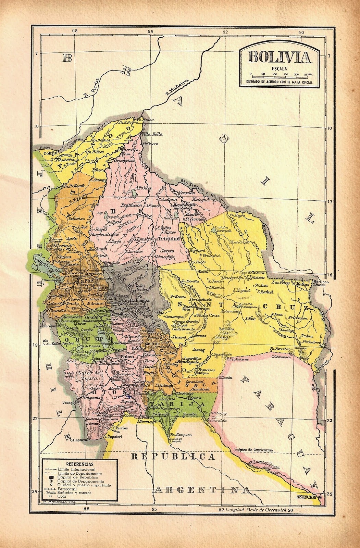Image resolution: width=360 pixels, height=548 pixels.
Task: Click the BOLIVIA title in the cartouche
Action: point(279,57)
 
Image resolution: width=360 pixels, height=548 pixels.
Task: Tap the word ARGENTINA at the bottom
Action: point(202,490)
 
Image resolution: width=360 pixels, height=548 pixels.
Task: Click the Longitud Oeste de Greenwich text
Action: point(257,510)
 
